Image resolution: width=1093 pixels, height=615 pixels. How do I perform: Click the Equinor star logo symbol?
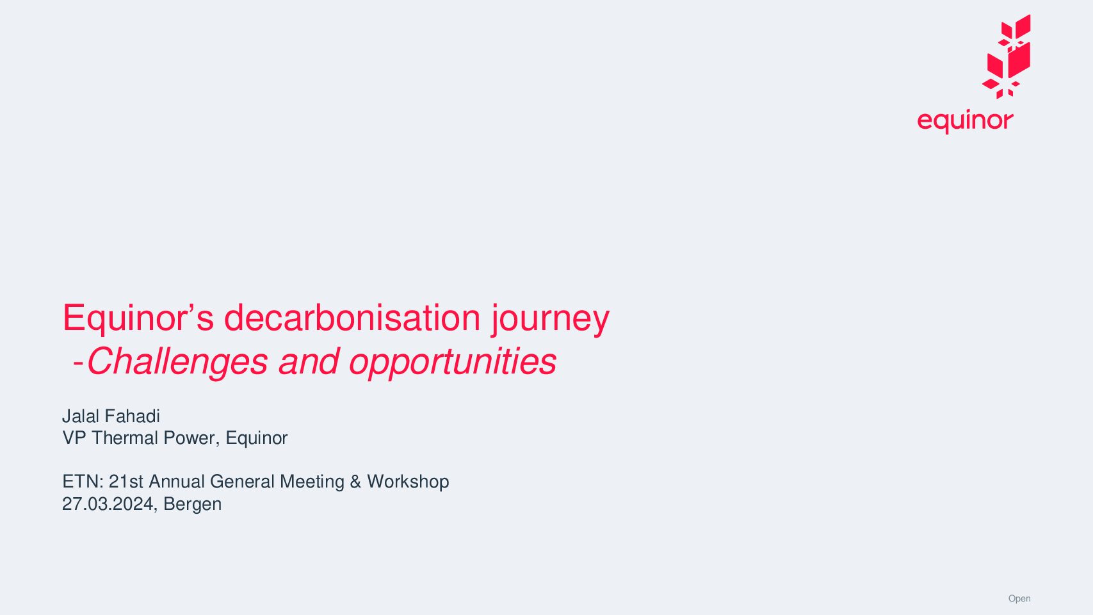[x=1007, y=56]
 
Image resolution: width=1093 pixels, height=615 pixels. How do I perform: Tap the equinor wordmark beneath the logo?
[x=965, y=120]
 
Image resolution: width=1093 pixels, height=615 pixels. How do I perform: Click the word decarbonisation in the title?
[x=352, y=318]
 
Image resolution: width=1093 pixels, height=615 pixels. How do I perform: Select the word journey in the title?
[x=551, y=320]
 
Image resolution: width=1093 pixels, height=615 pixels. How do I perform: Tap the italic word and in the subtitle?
[x=309, y=361]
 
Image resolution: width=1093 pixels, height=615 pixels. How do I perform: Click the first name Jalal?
[x=80, y=416]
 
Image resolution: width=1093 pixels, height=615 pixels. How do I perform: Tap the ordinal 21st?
[x=126, y=482]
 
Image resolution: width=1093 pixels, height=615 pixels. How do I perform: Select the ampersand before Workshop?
[x=356, y=482]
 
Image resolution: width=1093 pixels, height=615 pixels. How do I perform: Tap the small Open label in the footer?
[x=1019, y=599]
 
